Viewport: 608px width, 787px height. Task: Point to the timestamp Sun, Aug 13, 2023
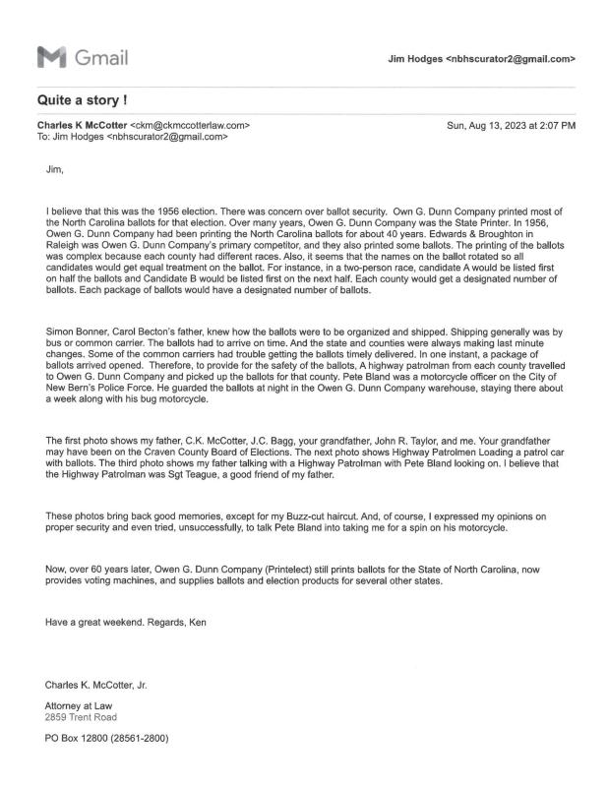click(x=511, y=126)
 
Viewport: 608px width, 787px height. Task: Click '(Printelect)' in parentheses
click(x=264, y=568)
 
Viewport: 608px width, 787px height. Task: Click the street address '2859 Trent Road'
click(x=80, y=716)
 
